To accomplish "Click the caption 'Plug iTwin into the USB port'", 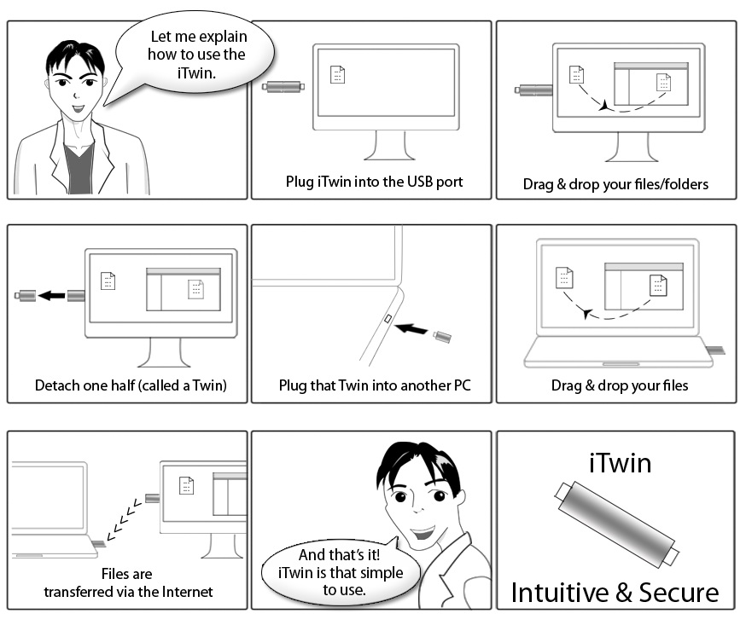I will coord(374,182).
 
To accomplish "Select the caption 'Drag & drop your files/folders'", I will coord(615,184).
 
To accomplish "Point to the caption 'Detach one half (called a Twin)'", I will coord(131,385).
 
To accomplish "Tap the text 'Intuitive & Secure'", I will coord(615,592).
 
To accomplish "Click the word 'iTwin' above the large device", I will coord(621,463).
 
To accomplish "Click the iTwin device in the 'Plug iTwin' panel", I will coord(284,86).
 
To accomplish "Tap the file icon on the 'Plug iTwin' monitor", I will coord(338,75).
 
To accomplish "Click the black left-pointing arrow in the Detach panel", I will coord(52,296).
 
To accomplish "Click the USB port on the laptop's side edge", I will coord(388,320).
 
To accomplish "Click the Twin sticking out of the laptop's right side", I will coord(715,348).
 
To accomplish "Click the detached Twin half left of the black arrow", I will coord(25,296).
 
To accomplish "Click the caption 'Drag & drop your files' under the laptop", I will coord(619,385).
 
